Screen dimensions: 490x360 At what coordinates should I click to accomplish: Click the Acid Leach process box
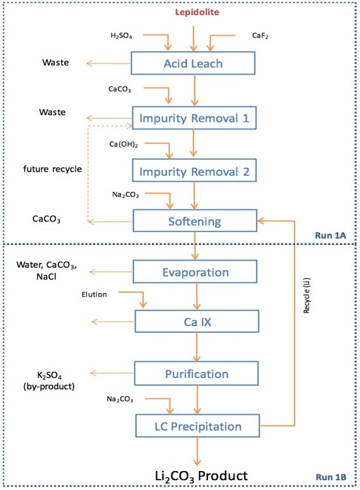click(193, 64)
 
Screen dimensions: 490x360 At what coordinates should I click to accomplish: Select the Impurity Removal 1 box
click(193, 119)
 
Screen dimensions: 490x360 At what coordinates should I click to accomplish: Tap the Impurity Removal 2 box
click(193, 172)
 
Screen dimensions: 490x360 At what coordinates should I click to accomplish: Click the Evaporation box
click(193, 272)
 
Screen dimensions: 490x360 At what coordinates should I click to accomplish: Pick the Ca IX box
click(193, 322)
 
